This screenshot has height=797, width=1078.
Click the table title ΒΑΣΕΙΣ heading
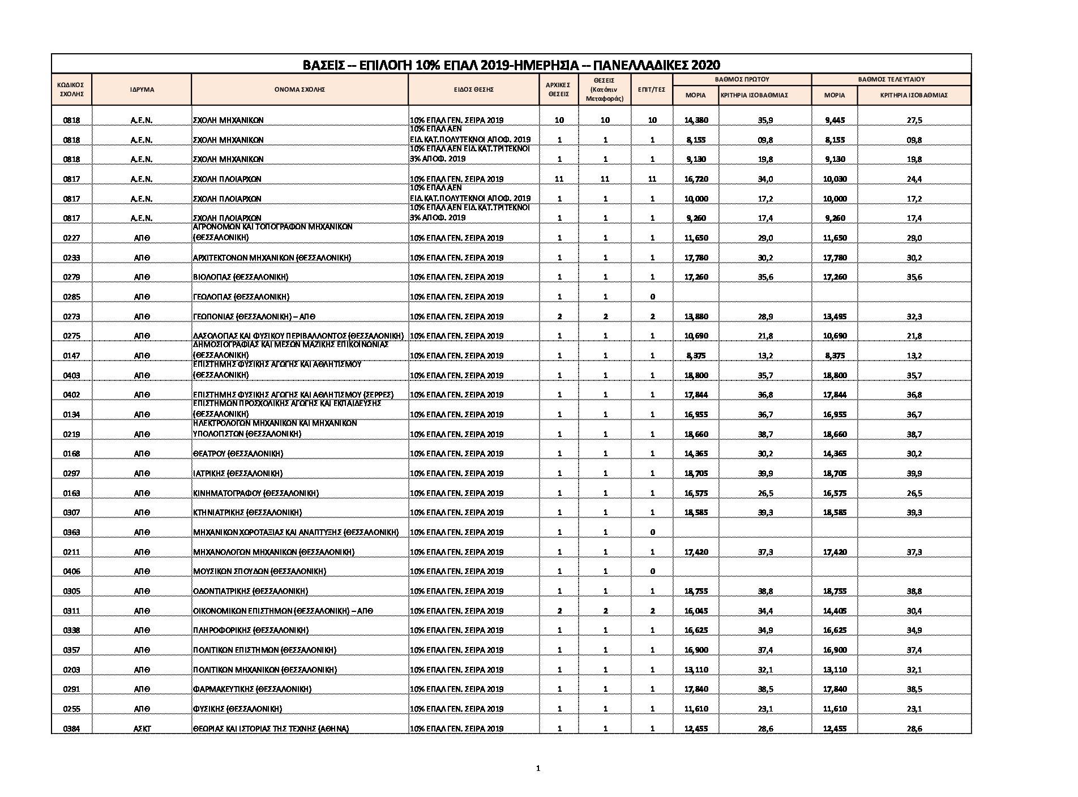pos(511,64)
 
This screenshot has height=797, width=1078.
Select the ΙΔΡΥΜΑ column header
pos(142,89)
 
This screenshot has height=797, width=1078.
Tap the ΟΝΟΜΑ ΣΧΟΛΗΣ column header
pos(300,89)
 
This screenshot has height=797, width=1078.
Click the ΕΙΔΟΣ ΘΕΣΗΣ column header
pos(473,89)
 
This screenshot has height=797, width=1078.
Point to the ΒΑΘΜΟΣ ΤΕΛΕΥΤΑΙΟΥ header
pos(891,80)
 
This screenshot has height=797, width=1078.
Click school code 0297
pos(71,473)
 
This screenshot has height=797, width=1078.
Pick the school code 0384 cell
pos(71,729)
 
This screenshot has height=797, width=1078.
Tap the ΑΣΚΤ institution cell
pos(142,729)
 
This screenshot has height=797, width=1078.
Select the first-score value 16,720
pos(696,179)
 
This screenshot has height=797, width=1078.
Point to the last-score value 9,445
pos(835,120)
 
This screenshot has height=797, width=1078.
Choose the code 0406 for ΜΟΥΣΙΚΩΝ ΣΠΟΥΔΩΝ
pos(71,571)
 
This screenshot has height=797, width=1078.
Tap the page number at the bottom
pos(538,768)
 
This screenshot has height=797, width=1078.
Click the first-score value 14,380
pos(696,120)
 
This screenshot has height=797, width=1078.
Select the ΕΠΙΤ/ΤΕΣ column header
pos(652,89)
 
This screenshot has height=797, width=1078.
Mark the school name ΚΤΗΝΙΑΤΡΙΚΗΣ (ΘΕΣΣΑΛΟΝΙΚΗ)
pos(247,513)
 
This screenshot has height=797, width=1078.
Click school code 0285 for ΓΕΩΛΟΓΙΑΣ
pos(71,297)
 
